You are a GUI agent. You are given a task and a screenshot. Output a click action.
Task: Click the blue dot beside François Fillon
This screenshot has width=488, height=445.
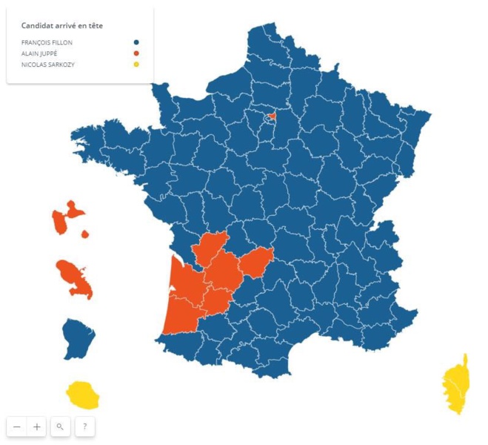pos(137,42)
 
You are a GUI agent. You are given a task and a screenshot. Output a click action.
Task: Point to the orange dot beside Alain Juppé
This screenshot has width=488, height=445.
pos(137,53)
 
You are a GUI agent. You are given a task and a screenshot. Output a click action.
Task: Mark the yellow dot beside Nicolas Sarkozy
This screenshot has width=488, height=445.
pos(137,65)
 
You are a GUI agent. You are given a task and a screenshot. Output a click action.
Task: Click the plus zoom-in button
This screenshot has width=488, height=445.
pos(37,426)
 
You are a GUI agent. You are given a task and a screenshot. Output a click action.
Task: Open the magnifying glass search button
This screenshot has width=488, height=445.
pos(61,426)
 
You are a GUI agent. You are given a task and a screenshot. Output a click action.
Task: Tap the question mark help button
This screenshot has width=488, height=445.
pos(85,426)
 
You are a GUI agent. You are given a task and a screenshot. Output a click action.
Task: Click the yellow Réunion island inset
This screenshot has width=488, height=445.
pos(82,395)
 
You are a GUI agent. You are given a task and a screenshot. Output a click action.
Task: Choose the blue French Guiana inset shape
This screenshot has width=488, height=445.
pos(77,337)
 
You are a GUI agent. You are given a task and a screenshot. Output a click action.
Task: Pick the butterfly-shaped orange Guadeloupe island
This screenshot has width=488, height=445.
pos(65,217)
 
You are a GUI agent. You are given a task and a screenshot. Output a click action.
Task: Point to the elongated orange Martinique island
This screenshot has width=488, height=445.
pos(75,277)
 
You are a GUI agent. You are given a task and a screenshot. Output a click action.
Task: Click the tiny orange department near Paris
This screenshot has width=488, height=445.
pos(272,116)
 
